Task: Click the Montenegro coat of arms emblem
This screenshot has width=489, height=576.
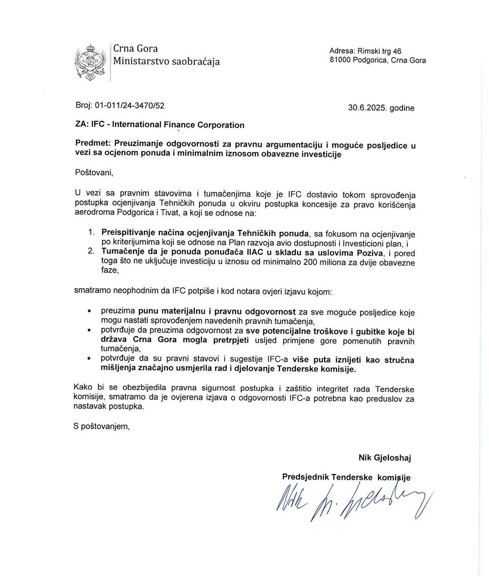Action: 90,62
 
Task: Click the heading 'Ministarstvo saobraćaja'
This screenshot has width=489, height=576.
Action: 166,61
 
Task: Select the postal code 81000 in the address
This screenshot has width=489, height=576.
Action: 340,60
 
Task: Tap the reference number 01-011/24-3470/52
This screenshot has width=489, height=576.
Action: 130,105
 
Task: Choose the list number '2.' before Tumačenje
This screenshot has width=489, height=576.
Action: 91,251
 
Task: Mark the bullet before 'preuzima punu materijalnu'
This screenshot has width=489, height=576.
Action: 89,311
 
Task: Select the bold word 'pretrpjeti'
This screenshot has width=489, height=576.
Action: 231,340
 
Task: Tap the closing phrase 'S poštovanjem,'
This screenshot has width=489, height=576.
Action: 102,426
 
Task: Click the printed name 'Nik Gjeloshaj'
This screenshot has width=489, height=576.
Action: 384,457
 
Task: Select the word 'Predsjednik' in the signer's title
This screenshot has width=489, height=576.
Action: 305,477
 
